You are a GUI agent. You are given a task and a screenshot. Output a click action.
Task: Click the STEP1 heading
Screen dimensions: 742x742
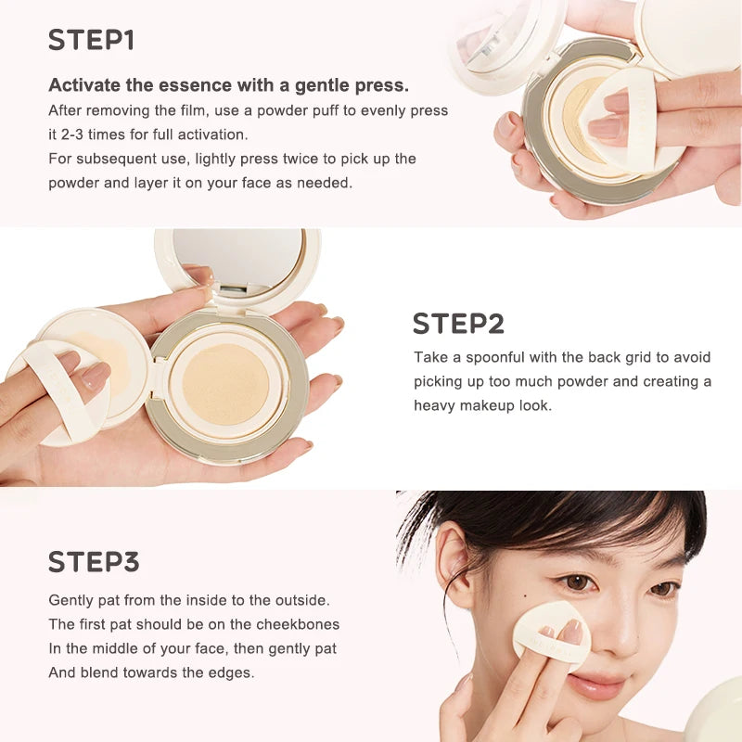pyautogui.click(x=91, y=40)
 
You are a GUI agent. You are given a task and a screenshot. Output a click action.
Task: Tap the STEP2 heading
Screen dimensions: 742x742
pyautogui.click(x=458, y=324)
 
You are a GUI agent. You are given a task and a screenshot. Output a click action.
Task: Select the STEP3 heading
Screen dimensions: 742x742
pyautogui.click(x=94, y=562)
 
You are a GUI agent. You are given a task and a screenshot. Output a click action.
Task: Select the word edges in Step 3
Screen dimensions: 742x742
pyautogui.click(x=230, y=672)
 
